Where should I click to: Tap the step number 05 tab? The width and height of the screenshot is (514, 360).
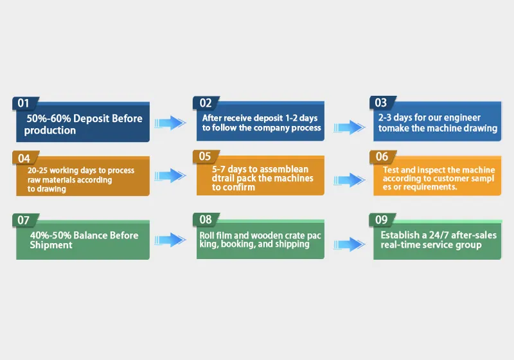[x=206, y=156]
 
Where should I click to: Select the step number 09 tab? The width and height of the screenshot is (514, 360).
[x=382, y=220]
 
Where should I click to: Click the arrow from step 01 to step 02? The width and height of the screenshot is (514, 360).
[x=170, y=123]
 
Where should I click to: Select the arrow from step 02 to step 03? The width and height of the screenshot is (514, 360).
[x=350, y=127]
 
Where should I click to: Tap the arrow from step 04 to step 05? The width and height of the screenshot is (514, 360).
[x=170, y=175]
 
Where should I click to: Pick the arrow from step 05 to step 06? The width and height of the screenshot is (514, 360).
[x=350, y=180]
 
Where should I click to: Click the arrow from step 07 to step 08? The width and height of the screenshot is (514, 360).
[x=170, y=240]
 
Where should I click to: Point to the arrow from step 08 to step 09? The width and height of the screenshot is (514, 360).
[x=350, y=244]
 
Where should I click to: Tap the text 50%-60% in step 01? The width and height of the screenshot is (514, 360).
[x=49, y=118]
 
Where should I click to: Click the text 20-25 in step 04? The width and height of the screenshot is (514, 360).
[x=37, y=170]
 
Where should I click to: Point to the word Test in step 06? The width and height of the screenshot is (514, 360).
[x=391, y=170]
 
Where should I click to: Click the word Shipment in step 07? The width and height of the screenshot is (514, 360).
[x=51, y=245]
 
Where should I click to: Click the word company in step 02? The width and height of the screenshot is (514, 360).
[x=270, y=128]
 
